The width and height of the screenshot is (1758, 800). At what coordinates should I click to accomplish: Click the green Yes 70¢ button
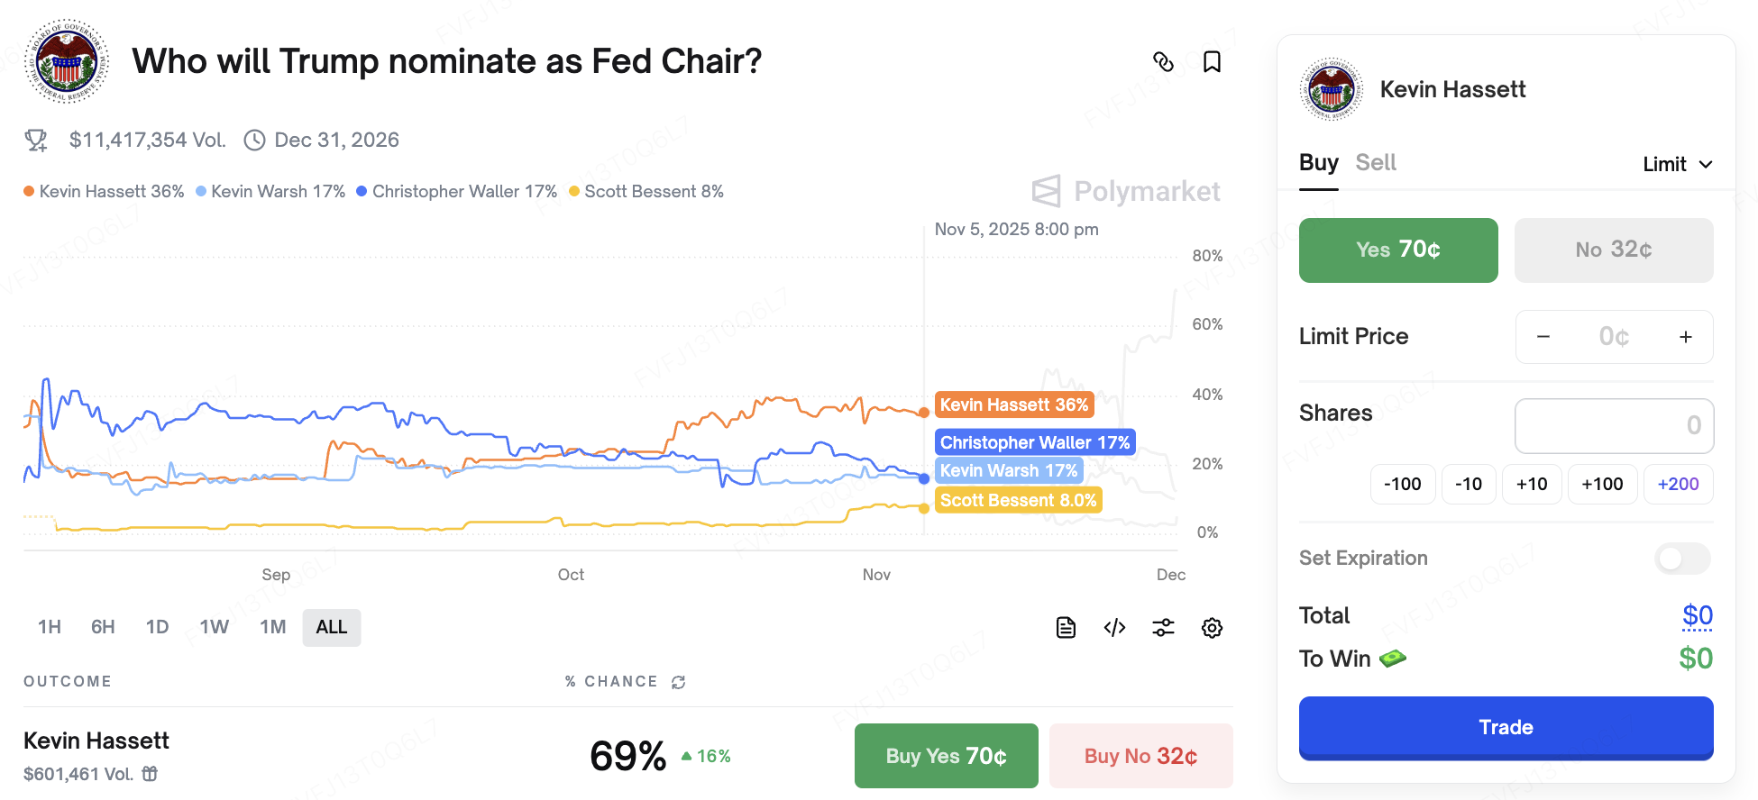click(x=1397, y=250)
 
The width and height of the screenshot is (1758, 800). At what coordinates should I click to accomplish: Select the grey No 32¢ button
click(x=1613, y=250)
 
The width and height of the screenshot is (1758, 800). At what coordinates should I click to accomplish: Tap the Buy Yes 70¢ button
click(x=946, y=756)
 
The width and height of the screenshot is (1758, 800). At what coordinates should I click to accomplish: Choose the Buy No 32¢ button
click(x=1140, y=756)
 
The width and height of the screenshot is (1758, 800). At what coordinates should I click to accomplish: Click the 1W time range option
click(x=215, y=627)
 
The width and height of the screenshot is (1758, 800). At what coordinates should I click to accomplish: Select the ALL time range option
click(x=331, y=627)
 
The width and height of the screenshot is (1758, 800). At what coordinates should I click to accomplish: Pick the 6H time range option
click(x=103, y=627)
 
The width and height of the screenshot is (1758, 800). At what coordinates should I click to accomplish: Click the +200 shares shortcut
click(x=1678, y=484)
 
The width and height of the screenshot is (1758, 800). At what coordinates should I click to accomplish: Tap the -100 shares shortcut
click(x=1402, y=484)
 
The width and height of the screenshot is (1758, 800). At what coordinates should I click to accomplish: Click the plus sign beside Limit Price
click(x=1685, y=337)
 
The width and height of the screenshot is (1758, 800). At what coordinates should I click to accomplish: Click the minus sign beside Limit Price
click(x=1543, y=337)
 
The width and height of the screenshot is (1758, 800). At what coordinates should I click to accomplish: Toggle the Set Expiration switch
click(x=1681, y=559)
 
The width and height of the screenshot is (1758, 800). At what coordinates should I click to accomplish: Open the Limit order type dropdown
click(x=1677, y=164)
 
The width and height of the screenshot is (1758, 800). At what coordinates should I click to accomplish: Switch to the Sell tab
click(x=1375, y=163)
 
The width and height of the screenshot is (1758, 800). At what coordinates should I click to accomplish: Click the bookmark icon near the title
click(x=1212, y=62)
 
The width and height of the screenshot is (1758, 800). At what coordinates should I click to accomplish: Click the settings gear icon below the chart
click(x=1212, y=628)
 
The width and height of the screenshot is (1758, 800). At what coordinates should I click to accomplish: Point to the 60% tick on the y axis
click(x=1207, y=324)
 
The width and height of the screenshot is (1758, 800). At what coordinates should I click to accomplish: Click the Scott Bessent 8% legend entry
click(x=646, y=191)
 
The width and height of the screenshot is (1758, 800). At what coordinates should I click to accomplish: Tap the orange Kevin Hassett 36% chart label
click(x=1014, y=405)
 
